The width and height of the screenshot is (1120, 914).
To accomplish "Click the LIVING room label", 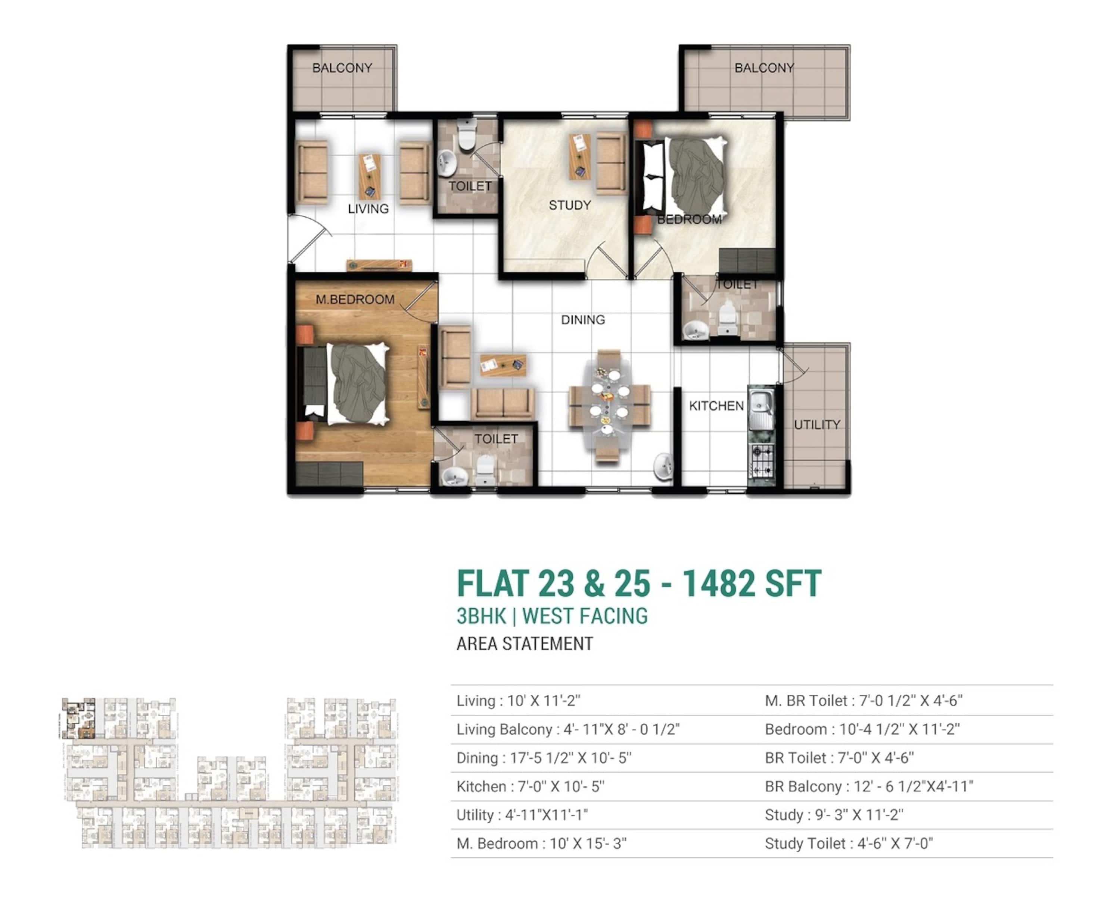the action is coord(368,209).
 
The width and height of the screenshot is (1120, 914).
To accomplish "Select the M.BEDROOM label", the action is coord(355,300).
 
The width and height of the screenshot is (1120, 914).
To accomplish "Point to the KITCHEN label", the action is coord(716,406).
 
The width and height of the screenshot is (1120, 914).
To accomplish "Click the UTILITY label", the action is coord(817,425).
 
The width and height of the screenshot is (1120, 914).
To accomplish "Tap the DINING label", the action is coord(583,320).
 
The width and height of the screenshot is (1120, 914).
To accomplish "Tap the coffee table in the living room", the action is coord(370,176).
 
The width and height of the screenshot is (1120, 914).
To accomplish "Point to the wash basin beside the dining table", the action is coord(663,466).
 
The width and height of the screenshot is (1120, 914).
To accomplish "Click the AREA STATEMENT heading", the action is coord(525,644).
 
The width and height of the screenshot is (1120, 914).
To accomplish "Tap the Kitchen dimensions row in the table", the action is coord(531,786).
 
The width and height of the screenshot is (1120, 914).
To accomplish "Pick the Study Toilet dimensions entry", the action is coord(849,843).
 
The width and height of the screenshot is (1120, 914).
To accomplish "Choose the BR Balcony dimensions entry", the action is coord(869,786).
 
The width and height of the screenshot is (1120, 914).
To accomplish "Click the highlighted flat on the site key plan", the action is coord(78,719).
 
